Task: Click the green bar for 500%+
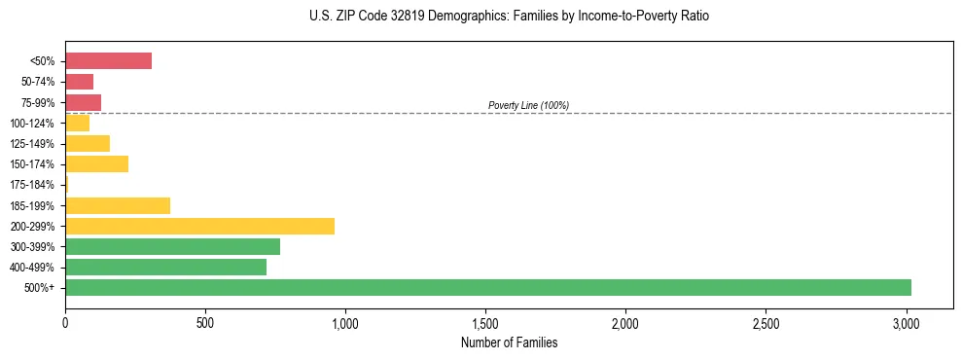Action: tap(487, 287)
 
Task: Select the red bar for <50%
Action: tap(108, 61)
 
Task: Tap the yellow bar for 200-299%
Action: tap(199, 226)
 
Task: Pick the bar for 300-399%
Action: tap(172, 246)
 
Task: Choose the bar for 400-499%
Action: tap(165, 267)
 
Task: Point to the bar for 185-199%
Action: tap(118, 205)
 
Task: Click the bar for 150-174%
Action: tap(96, 164)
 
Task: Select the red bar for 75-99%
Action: tap(83, 102)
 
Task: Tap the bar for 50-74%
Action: tap(79, 82)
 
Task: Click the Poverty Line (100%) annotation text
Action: tap(528, 105)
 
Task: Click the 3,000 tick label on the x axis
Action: tap(906, 323)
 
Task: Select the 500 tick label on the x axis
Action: tap(205, 323)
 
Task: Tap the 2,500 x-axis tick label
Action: tap(766, 323)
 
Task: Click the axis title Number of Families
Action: tap(509, 342)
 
